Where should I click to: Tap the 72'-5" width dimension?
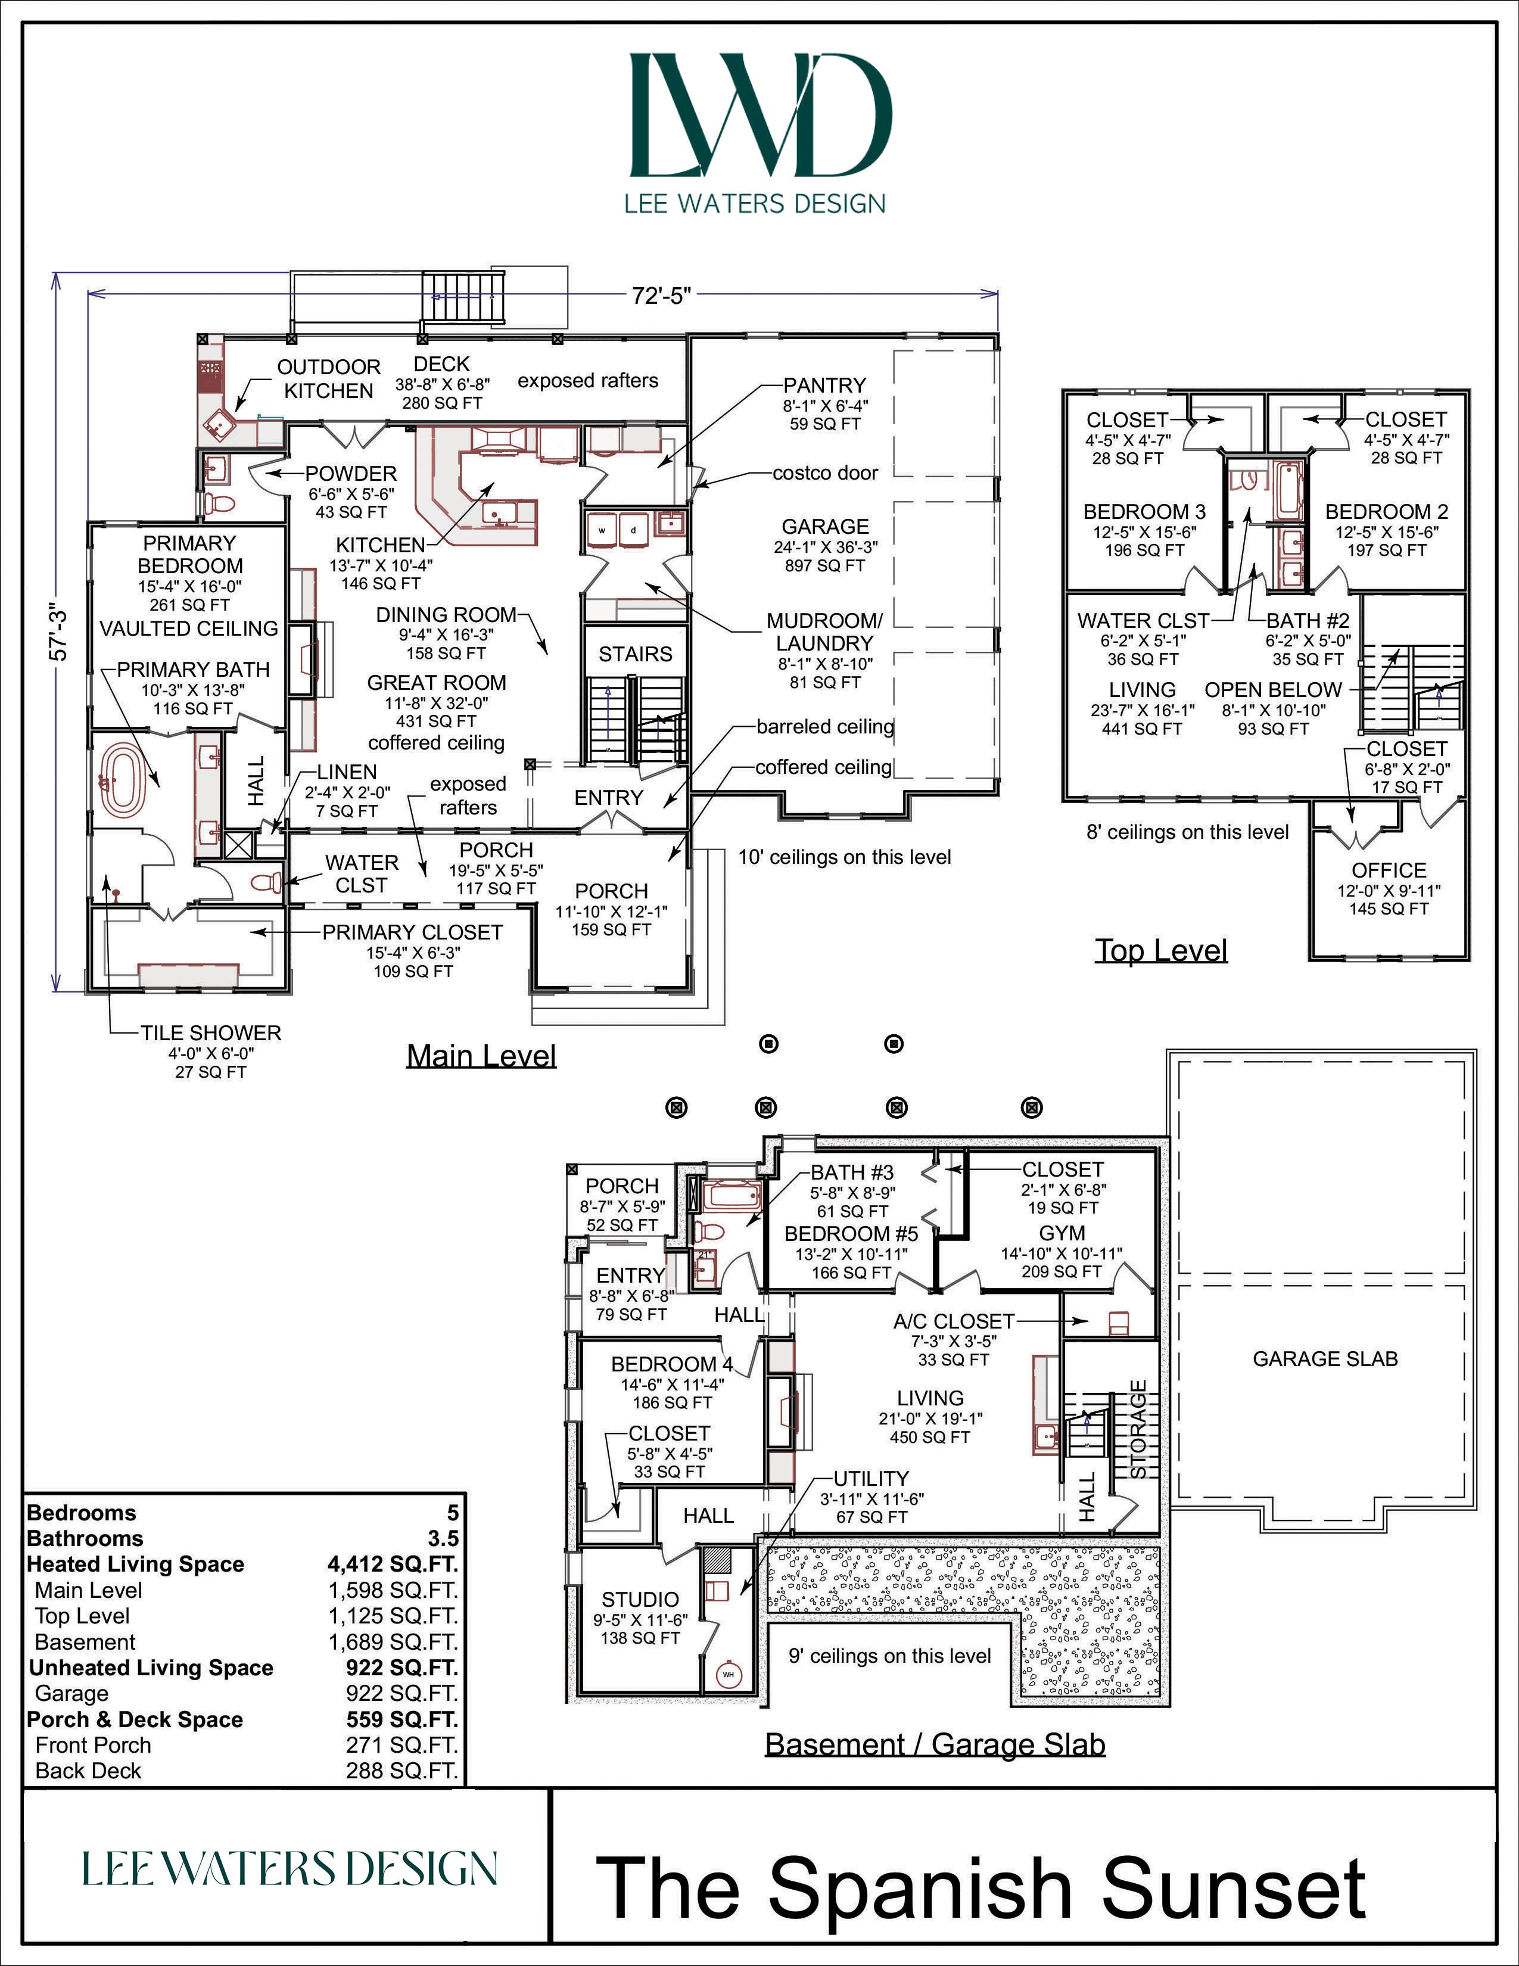coord(661,295)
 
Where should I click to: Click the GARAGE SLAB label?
coord(1325,1358)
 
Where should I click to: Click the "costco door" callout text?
coord(825,472)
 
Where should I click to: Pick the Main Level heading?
coord(481,1055)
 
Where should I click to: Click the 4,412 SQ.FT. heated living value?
coord(393,1564)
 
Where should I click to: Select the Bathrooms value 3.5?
coord(443,1538)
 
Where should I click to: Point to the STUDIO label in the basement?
coord(640,1599)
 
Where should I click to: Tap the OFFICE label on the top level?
coord(1389,870)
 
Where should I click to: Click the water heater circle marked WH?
coord(728,1674)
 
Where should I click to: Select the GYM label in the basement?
coord(1062,1233)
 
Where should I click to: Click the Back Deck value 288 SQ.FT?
coord(402,1771)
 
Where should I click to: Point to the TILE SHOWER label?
coord(210,1032)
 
